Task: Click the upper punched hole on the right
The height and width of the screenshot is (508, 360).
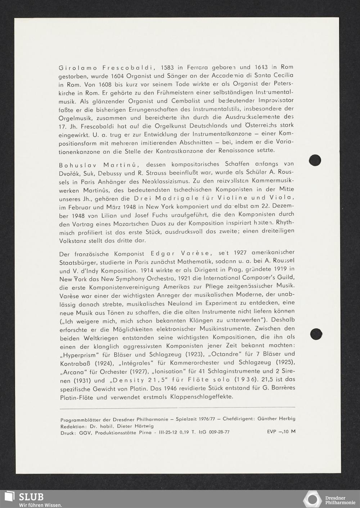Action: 315,160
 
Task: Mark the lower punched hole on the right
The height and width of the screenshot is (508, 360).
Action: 315,333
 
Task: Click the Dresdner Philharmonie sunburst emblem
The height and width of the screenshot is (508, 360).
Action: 312,499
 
